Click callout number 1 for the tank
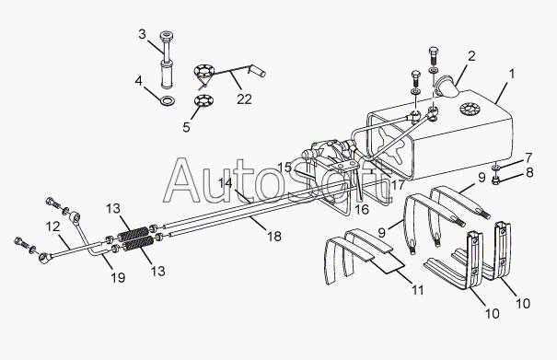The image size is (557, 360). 512,75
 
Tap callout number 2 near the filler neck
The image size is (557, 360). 471,56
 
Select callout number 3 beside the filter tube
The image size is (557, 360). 142,34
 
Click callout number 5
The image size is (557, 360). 186,127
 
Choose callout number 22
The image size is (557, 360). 244,99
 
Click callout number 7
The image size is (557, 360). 528,157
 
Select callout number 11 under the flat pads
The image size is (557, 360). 417,290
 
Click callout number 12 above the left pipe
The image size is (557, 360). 52,226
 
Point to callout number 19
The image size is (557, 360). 118,277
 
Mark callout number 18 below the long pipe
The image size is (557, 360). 274,237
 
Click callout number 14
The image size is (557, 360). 225,183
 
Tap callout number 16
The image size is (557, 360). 362,209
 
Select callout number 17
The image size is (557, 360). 397,185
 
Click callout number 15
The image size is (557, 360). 284,168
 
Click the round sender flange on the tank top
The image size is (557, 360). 468,109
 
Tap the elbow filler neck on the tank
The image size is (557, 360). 448,87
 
